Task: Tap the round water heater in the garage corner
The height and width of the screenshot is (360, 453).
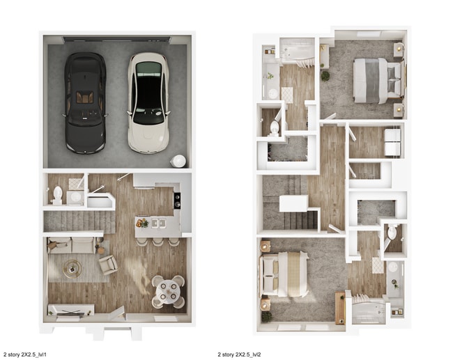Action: [178, 161]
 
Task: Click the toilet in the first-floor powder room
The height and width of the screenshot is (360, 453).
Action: [58, 194]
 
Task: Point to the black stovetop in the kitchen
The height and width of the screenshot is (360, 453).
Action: [177, 201]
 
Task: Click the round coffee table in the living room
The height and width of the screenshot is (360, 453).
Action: [72, 267]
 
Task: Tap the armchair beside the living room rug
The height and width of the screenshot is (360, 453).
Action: [108, 264]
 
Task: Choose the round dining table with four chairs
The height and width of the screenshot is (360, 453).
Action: [168, 290]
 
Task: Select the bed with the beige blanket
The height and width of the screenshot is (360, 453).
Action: [284, 274]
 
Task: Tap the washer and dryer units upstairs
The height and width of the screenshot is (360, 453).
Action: [392, 142]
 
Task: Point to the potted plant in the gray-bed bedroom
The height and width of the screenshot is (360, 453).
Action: [325, 76]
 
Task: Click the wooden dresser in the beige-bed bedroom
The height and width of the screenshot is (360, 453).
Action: [340, 308]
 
